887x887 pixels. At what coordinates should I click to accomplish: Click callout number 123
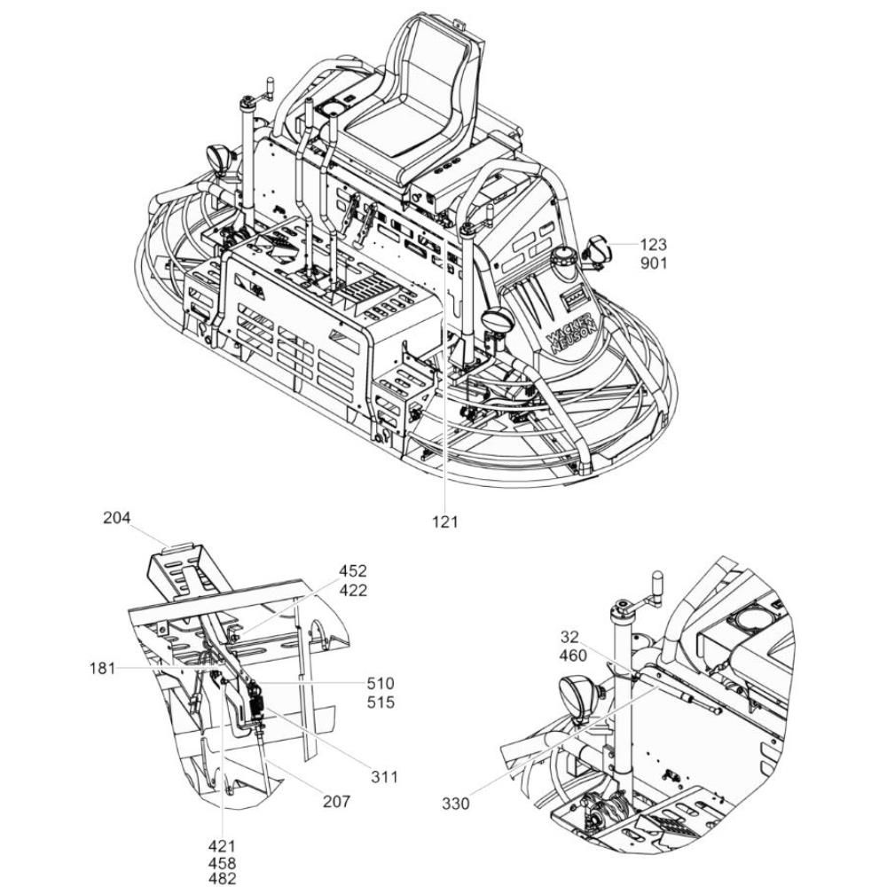click(x=654, y=245)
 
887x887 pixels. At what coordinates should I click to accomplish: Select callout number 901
click(x=654, y=263)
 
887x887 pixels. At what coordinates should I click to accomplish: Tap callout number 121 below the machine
click(x=444, y=522)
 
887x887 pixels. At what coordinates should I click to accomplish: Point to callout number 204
click(x=116, y=518)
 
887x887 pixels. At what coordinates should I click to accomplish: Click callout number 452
click(x=353, y=570)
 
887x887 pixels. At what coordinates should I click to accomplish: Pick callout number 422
click(x=353, y=591)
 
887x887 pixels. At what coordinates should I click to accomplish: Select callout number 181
click(x=102, y=669)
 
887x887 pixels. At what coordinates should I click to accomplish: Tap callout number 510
click(x=381, y=683)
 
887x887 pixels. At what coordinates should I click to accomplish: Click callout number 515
click(x=381, y=703)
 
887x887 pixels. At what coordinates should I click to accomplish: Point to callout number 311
click(x=384, y=777)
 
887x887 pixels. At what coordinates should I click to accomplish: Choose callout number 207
click(x=336, y=802)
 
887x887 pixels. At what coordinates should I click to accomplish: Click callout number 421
click(x=222, y=846)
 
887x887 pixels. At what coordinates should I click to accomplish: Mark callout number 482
click(x=222, y=878)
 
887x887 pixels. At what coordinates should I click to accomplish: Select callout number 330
click(x=456, y=804)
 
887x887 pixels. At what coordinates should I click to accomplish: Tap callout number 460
click(x=572, y=655)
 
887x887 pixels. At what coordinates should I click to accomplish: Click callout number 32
click(x=569, y=637)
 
